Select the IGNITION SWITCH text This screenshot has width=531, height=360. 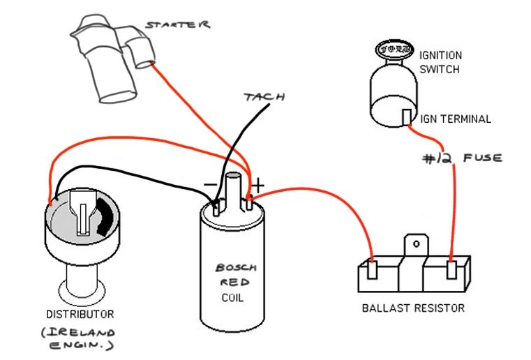pyautogui.click(x=440, y=61)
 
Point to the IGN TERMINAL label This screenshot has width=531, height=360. pyautogui.click(x=455, y=119)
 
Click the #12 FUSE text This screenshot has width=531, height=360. pyautogui.click(x=461, y=158)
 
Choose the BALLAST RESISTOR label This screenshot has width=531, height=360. pyautogui.click(x=412, y=308)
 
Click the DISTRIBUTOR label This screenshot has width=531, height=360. pyautogui.click(x=80, y=315)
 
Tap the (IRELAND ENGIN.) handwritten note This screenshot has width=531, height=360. pyautogui.click(x=79, y=338)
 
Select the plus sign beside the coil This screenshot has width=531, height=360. pyautogui.click(x=258, y=186)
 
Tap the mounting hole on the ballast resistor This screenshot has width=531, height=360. pyautogui.click(x=417, y=244)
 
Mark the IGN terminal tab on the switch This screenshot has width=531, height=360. pyautogui.click(x=406, y=117)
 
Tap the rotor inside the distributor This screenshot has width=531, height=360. pyautogui.click(x=82, y=212)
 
